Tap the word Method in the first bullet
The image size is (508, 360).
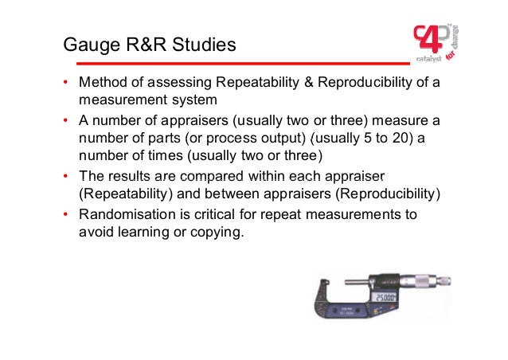pyautogui.click(x=101, y=84)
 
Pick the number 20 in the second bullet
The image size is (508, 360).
pyautogui.click(x=375, y=138)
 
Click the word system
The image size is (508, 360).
pyautogui.click(x=193, y=101)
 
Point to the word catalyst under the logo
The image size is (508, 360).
pyautogui.click(x=428, y=58)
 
